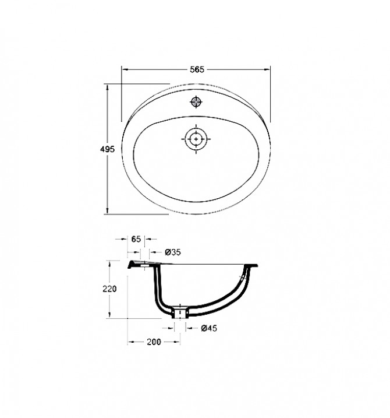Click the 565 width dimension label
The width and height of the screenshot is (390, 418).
click(197, 69)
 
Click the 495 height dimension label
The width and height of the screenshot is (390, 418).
click(107, 149)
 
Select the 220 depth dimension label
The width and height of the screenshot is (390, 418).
click(109, 289)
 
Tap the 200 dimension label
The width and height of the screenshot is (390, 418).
click(154, 342)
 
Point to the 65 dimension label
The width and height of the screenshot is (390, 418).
click(136, 239)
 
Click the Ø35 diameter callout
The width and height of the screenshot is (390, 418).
click(173, 252)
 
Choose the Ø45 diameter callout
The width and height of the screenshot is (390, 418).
click(209, 328)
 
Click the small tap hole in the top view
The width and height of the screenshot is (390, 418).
click(196, 101)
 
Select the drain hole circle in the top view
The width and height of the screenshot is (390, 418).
click(196, 139)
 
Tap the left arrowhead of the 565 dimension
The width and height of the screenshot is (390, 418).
click(125, 69)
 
